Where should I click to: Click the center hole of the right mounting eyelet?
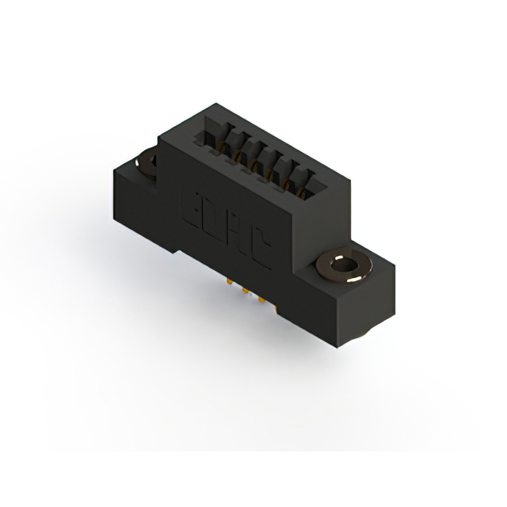(346, 268)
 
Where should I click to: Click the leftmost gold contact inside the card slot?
(219, 147)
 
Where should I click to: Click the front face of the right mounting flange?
(309, 309)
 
